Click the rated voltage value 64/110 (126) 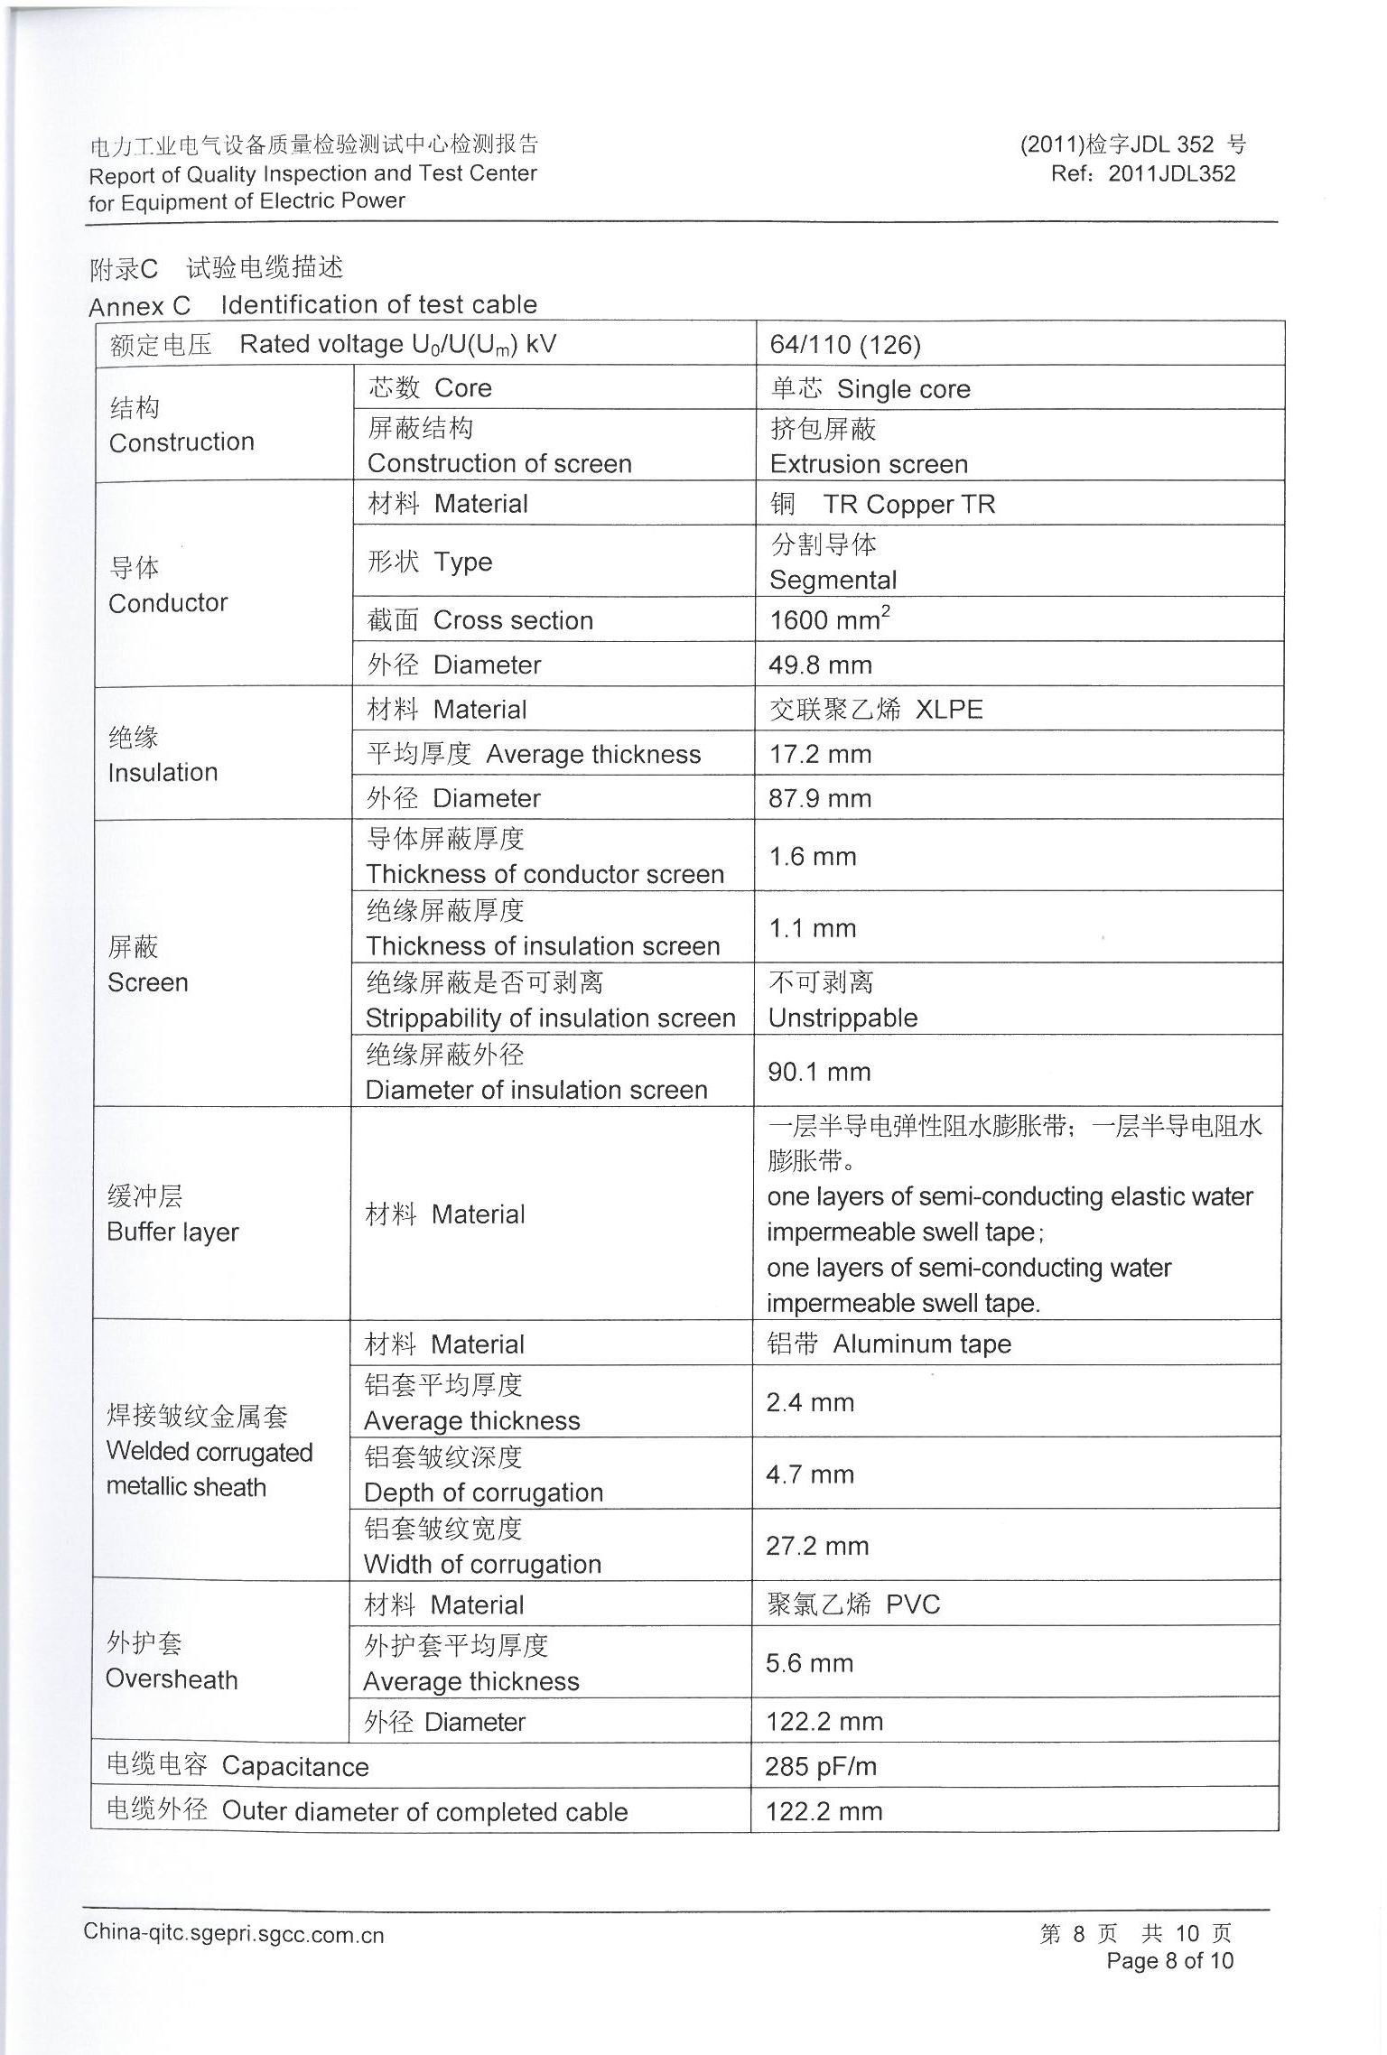[x=844, y=345]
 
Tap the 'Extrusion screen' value [x=868, y=464]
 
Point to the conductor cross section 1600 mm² [x=829, y=619]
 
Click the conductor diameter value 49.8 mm [x=819, y=665]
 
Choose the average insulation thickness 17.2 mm [x=819, y=754]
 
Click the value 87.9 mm [x=819, y=798]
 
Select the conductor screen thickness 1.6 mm [x=812, y=856]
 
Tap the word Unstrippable [x=842, y=1018]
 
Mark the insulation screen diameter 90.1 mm [x=818, y=1072]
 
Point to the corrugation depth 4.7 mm [x=809, y=1474]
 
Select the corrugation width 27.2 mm [x=816, y=1546]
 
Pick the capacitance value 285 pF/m [x=820, y=1766]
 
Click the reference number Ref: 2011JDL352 [x=1142, y=173]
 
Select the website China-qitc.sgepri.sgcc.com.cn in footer [x=233, y=1934]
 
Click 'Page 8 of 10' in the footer [x=1169, y=1960]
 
